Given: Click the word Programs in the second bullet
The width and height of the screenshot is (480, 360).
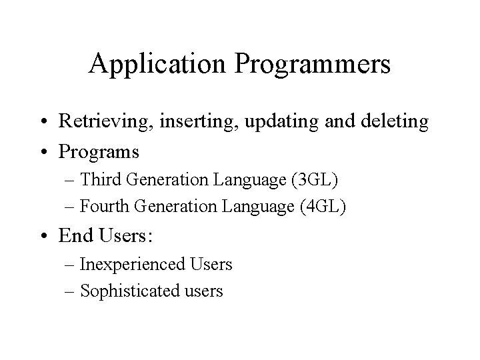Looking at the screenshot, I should (x=99, y=152).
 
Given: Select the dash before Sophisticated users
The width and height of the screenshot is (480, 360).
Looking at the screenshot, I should (x=72, y=291).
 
